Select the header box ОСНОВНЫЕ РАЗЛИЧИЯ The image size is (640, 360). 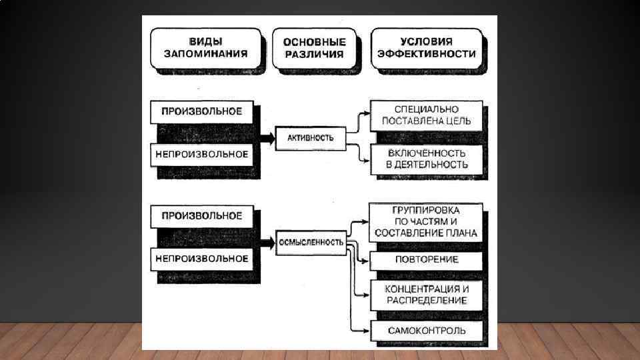314,47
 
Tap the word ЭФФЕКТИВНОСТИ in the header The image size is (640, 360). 427,54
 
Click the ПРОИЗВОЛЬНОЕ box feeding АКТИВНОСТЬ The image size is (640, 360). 203,111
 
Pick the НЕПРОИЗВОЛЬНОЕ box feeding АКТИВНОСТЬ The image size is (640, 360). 203,154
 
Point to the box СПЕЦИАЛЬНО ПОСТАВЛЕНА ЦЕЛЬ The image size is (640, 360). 427,115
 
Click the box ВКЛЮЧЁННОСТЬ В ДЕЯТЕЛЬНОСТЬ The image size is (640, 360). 427,159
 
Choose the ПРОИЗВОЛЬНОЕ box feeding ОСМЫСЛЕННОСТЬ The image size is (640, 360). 203,216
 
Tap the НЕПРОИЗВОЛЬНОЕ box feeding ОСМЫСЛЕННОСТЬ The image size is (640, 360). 203,259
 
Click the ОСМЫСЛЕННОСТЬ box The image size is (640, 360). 311,242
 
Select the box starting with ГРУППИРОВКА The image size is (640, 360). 427,221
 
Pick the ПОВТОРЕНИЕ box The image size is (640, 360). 427,259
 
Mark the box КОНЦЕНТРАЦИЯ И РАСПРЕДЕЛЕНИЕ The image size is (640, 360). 427,295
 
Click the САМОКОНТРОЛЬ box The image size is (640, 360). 427,330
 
